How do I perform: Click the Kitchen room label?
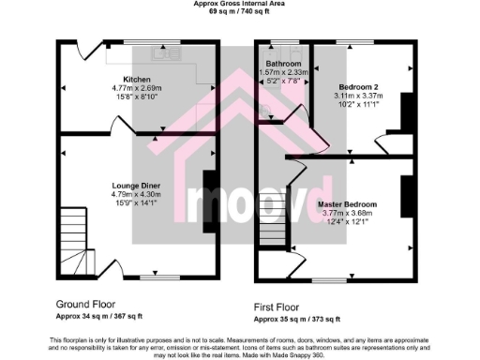(x=138, y=80)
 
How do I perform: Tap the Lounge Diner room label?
(x=138, y=186)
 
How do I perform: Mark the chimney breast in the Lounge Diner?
(x=210, y=199)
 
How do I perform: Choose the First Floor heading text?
(x=286, y=307)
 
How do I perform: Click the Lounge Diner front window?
(x=154, y=277)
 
